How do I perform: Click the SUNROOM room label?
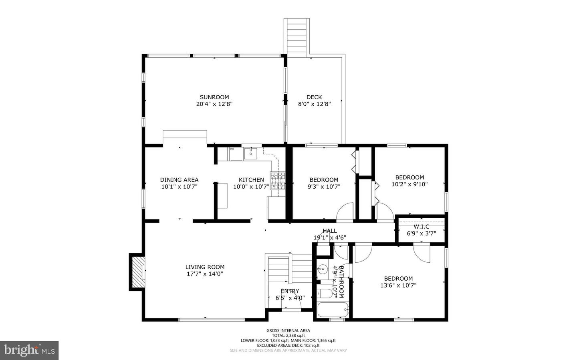214,97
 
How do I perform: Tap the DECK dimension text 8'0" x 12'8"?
314,104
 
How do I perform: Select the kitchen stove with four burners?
278,181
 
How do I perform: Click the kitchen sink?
250,153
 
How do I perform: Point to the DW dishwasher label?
232,149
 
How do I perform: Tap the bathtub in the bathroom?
333,310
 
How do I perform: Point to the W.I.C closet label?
421,227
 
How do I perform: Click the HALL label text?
330,231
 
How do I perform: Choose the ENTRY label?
290,291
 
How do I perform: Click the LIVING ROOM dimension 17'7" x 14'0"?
205,274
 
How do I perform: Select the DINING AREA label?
179,180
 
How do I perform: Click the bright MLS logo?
29,350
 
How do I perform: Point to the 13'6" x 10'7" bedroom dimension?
398,286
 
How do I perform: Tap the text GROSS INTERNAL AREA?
288,330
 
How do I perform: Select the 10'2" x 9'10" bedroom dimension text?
410,184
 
